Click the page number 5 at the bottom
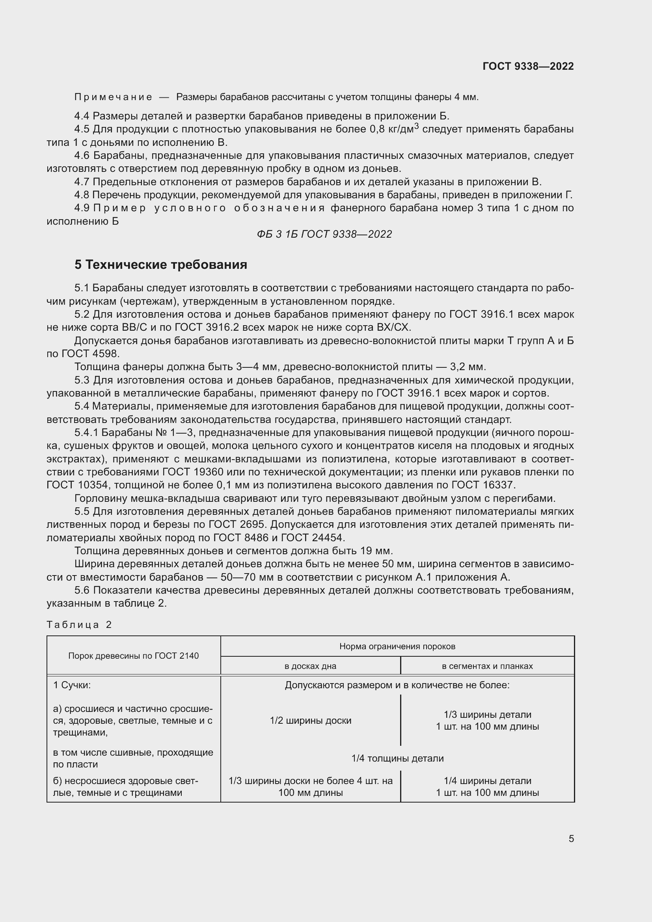[x=571, y=838]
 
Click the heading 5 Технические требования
[x=160, y=264]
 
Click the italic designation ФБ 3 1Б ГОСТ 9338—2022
[x=324, y=234]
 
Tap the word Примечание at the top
[x=113, y=97]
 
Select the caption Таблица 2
[x=79, y=624]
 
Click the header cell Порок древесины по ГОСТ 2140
[x=133, y=656]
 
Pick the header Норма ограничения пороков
[x=397, y=646]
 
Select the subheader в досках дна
[x=310, y=666]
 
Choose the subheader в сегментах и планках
[x=487, y=666]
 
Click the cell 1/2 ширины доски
[x=310, y=721]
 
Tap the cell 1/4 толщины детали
[x=397, y=758]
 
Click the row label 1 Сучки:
[x=72, y=685]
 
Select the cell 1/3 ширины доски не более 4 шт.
[x=310, y=787]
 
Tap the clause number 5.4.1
[x=86, y=432]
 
